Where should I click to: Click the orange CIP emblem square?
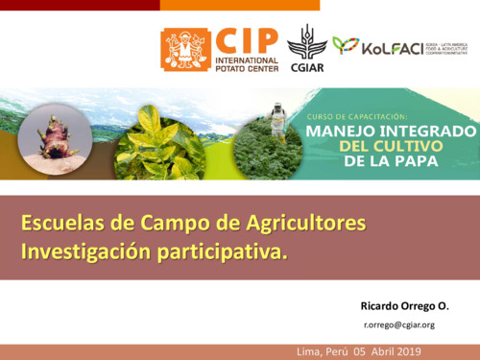tap(185, 49)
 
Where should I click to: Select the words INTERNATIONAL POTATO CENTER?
tap(247, 64)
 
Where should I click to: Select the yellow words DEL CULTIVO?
tap(392, 146)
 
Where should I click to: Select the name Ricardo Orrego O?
tap(403, 305)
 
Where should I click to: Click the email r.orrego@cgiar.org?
tap(398, 324)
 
